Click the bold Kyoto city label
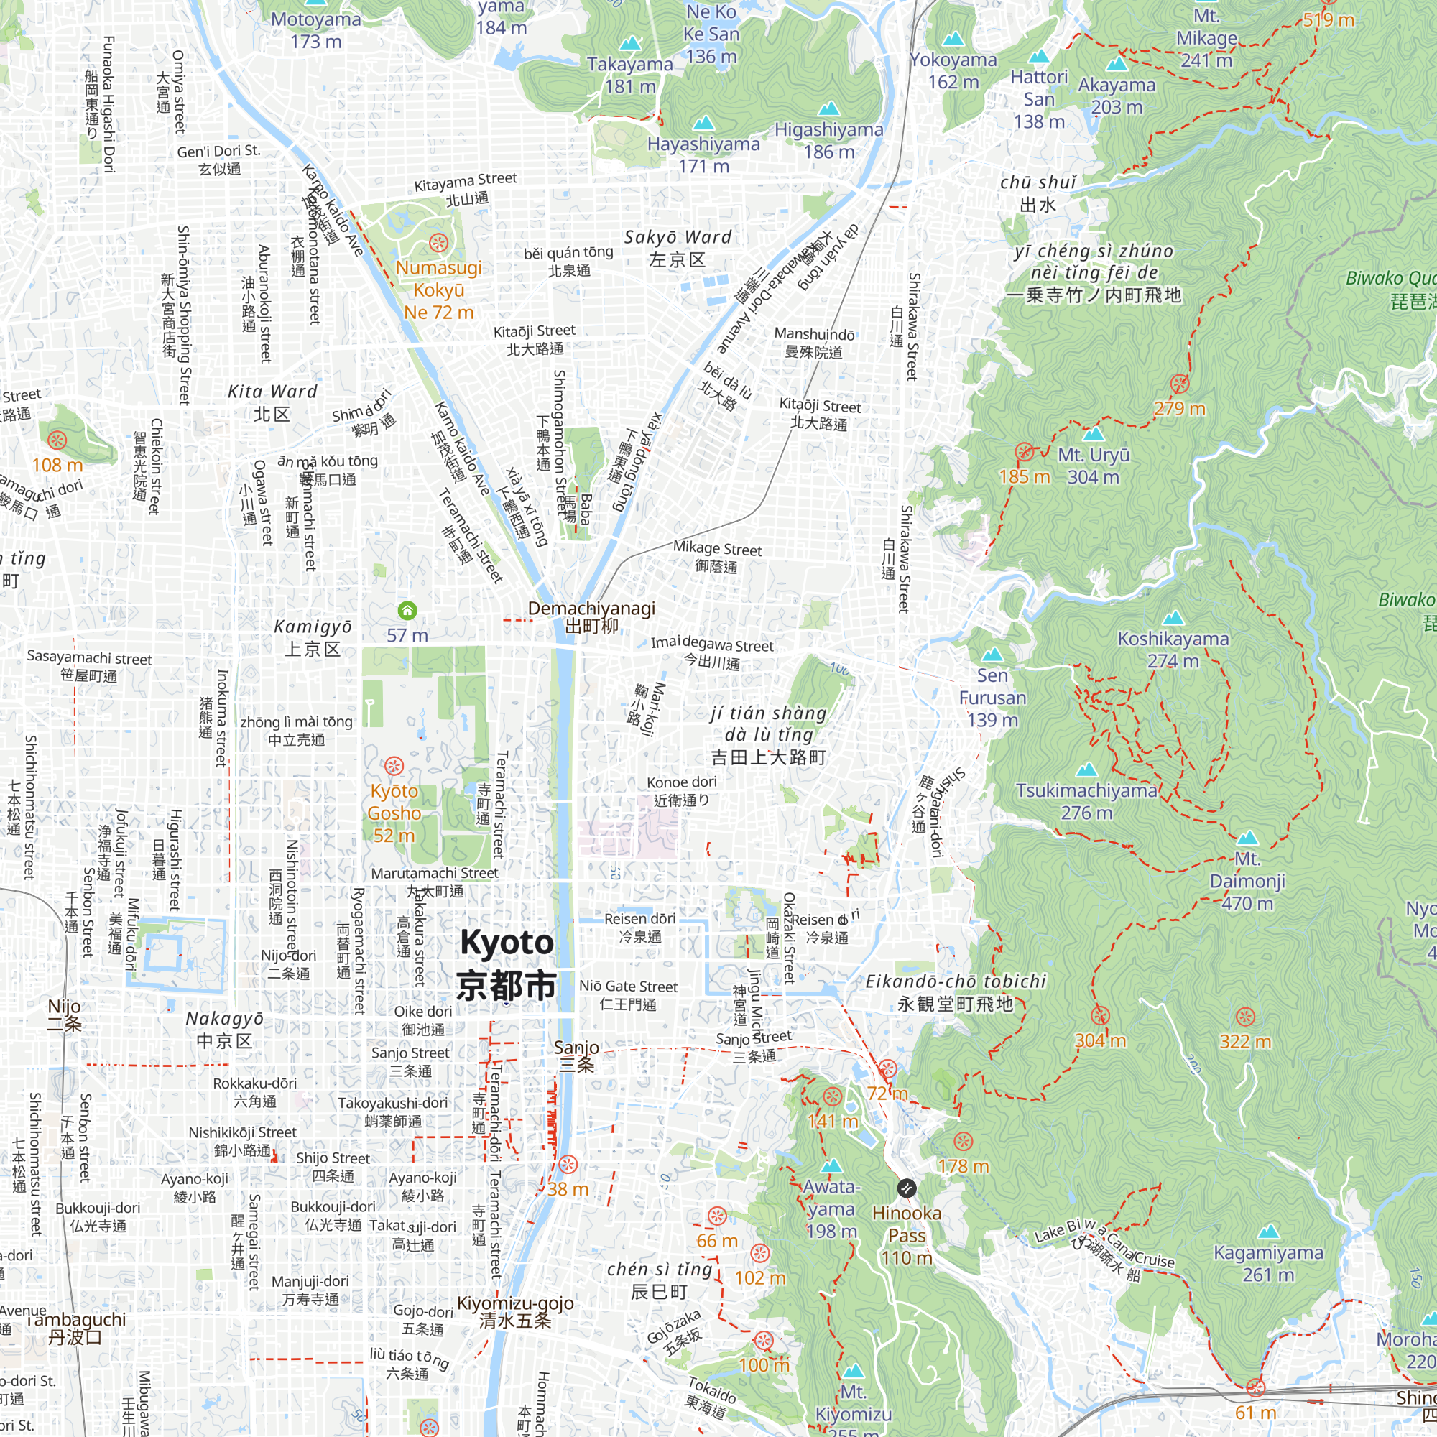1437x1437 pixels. [x=507, y=964]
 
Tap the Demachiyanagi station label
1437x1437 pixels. [x=591, y=616]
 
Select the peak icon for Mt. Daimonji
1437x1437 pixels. [x=1247, y=838]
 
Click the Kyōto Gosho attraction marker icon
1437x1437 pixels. [x=394, y=765]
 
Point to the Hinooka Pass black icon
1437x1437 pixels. [x=906, y=1188]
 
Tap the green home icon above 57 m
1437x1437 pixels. [x=407, y=611]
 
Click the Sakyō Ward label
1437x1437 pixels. [x=678, y=248]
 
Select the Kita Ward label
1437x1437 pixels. [x=272, y=402]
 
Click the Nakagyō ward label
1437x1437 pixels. [x=225, y=1030]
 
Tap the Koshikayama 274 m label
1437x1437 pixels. [x=1173, y=650]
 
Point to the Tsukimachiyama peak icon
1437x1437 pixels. [x=1086, y=769]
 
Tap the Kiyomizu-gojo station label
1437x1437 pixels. [x=515, y=1311]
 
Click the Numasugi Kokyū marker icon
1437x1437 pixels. [x=438, y=242]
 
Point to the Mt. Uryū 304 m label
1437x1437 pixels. [x=1094, y=466]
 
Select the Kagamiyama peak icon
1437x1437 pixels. [x=1269, y=1232]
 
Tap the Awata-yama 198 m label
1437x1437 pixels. [x=831, y=1209]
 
